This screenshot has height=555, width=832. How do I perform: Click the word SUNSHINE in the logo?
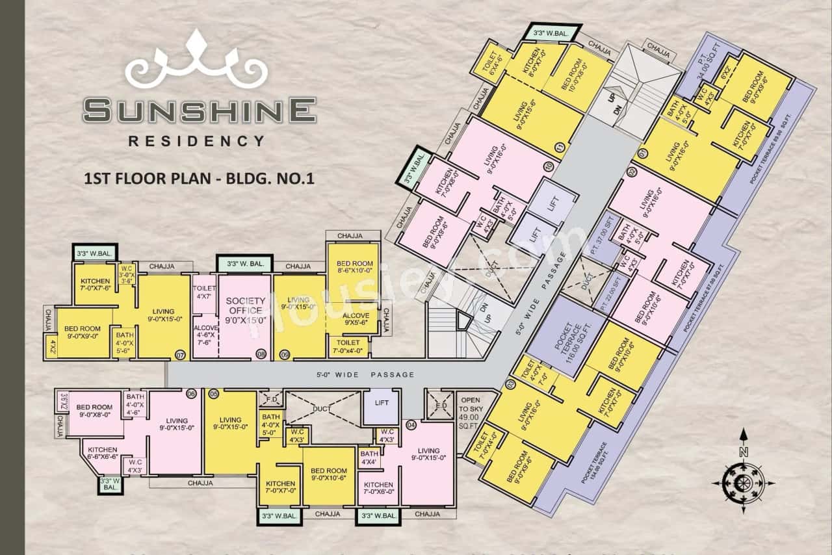click(200, 110)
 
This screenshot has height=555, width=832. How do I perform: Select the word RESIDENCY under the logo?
click(197, 140)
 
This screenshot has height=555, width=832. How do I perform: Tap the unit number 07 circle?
click(180, 354)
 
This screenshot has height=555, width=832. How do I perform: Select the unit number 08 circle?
click(261, 354)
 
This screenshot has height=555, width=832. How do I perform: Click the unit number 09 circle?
click(285, 354)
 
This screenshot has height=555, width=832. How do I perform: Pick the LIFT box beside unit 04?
click(382, 403)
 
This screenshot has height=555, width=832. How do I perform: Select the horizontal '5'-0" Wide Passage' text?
click(365, 374)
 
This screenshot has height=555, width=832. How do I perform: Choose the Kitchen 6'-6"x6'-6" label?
click(103, 453)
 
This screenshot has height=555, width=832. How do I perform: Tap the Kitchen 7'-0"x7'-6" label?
click(95, 284)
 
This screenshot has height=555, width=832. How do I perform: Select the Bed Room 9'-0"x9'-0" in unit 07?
click(82, 332)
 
